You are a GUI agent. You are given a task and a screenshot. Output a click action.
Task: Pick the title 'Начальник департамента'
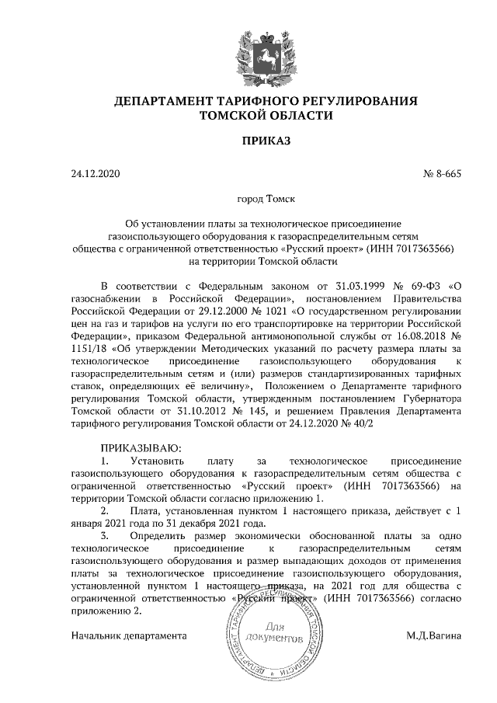click(129, 636)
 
